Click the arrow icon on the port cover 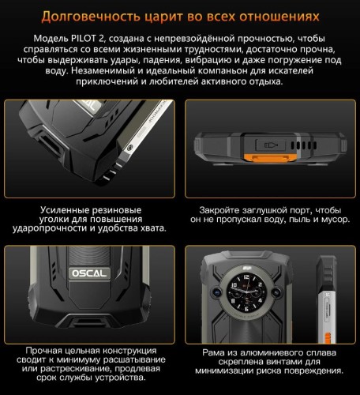click(276, 147)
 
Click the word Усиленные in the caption click(64, 210)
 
